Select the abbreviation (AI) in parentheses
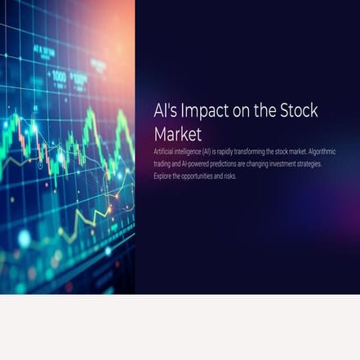click(x=210, y=152)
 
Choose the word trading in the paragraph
click(x=162, y=164)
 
